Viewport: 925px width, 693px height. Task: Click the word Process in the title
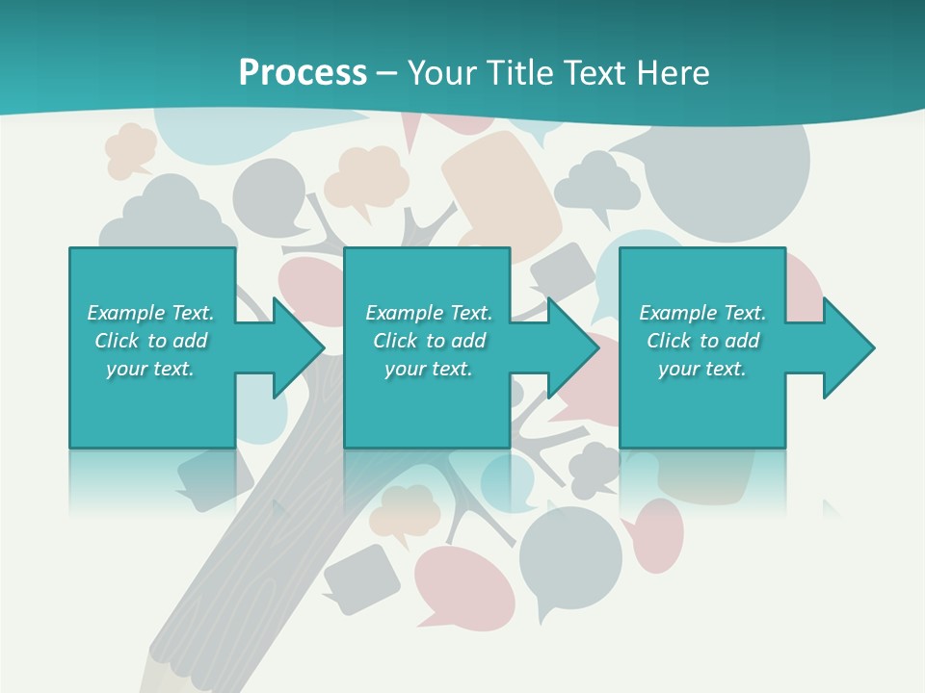pos(303,73)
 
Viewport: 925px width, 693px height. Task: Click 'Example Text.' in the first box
pos(150,313)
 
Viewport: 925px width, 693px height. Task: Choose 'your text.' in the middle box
pos(428,369)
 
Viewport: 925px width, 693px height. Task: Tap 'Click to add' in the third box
pos(702,341)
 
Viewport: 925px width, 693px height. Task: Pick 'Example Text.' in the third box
pos(702,313)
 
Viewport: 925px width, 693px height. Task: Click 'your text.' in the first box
pos(150,369)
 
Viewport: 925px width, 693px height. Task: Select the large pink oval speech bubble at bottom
pos(463,583)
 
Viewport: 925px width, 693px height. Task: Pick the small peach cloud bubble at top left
pos(131,149)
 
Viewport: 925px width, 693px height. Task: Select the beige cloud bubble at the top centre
pos(367,177)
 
